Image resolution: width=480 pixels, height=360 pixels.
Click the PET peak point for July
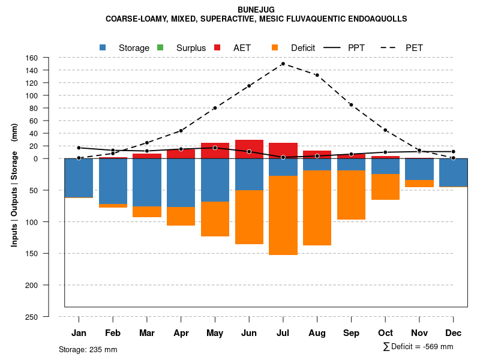click(283, 64)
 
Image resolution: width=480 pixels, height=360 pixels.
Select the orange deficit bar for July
click(283, 215)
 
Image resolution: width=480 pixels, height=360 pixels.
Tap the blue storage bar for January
click(79, 178)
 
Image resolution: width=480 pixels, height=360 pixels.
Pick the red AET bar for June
click(249, 149)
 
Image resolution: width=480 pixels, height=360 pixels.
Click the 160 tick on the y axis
click(32, 58)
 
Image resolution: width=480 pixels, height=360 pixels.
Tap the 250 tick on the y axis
click(31, 317)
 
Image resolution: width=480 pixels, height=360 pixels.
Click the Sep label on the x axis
click(351, 333)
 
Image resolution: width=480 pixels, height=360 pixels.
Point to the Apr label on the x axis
click(181, 333)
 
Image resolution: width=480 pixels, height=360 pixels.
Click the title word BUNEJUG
click(256, 10)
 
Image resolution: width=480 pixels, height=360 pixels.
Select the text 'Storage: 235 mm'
click(88, 349)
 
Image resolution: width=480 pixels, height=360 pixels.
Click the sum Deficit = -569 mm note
click(418, 347)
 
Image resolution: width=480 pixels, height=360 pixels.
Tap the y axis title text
click(14, 185)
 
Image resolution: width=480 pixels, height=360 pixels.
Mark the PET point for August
click(317, 75)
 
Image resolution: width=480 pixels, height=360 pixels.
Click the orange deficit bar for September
click(351, 195)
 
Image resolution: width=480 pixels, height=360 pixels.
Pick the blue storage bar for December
click(454, 173)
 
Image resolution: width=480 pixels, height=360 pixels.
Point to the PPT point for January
click(79, 148)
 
